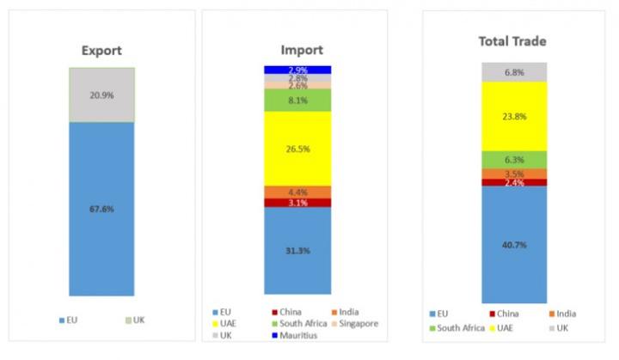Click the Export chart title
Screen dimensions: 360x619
point(101,50)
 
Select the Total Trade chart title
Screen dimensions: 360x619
point(514,41)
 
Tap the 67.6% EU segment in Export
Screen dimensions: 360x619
point(101,208)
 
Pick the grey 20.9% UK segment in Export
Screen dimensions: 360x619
point(101,95)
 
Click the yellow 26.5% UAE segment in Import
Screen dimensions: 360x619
point(297,148)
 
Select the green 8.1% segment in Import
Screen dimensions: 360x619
point(297,100)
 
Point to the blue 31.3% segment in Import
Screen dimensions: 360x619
point(297,250)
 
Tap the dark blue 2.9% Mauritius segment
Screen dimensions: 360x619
point(297,70)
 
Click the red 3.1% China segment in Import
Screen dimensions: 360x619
point(297,203)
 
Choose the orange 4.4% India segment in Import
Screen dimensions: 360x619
point(297,192)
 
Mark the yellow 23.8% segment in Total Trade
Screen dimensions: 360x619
point(514,116)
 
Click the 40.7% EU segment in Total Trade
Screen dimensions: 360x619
point(514,244)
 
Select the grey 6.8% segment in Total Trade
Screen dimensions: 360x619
point(514,72)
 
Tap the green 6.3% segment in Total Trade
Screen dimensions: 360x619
point(514,159)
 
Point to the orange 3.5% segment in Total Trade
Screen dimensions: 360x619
point(514,174)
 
